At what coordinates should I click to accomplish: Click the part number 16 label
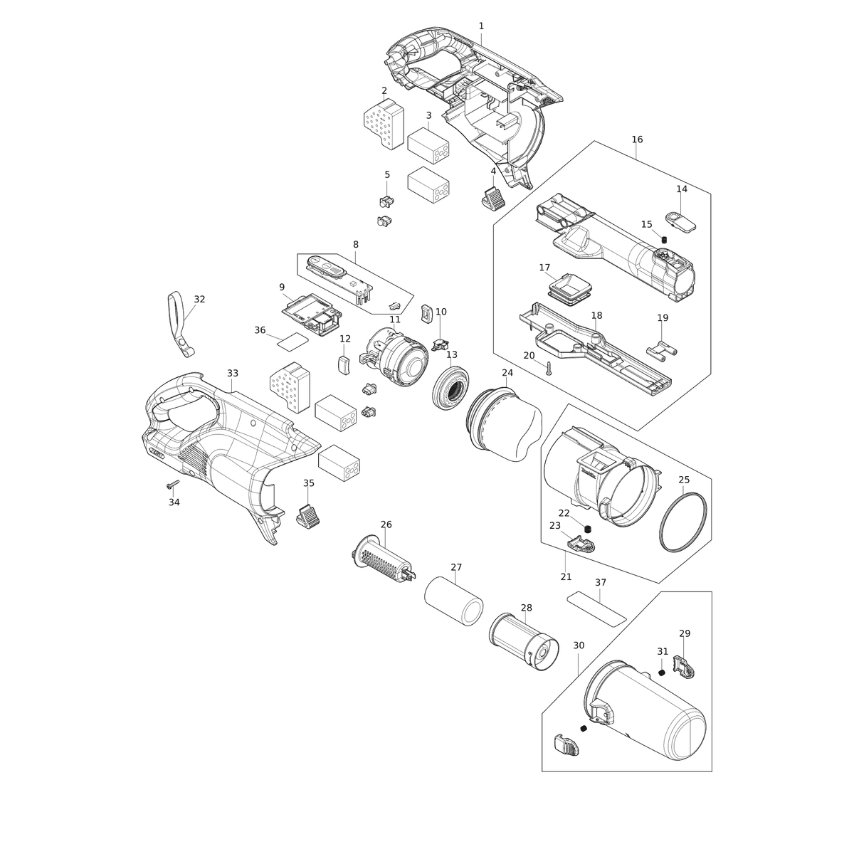pos(637,139)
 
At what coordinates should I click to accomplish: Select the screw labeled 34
pos(172,484)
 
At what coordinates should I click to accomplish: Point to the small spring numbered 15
pos(664,240)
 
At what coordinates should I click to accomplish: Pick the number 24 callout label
pos(507,373)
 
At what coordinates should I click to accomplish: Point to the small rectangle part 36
pos(293,342)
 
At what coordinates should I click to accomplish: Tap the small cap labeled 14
pos(681,221)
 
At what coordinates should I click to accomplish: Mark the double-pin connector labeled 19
pos(663,349)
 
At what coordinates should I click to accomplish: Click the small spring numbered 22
pos(589,528)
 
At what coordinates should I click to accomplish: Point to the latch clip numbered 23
pos(581,544)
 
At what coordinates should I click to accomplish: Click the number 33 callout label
pos(233,373)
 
